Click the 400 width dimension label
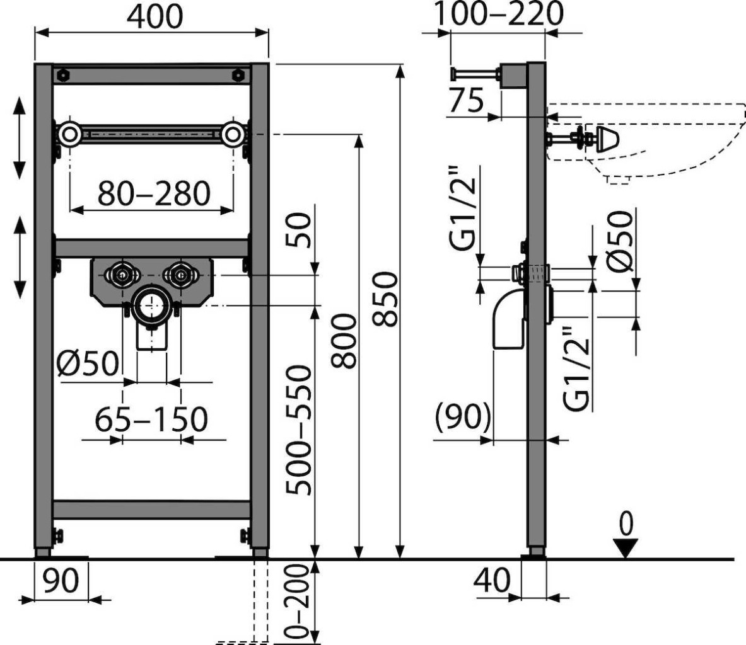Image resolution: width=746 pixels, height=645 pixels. coord(154,16)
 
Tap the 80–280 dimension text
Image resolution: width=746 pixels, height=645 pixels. coord(154,193)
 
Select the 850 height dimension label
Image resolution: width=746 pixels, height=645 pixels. coord(386,299)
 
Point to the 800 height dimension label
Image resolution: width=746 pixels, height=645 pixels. coord(344,341)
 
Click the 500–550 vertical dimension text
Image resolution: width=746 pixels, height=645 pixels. coord(299,430)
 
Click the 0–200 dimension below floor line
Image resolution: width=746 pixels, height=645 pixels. coord(298,601)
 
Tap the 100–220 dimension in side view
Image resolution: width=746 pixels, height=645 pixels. coord(499,14)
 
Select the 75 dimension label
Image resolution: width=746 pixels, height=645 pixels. coord(466,100)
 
